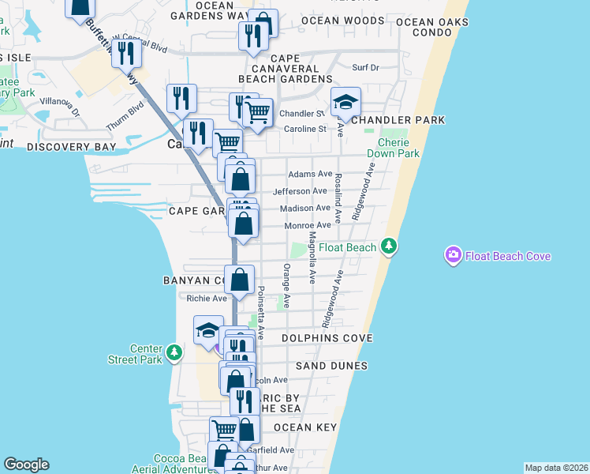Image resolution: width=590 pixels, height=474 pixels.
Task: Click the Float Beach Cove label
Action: (x=507, y=256)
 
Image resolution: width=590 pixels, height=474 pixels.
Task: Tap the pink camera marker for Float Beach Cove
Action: (x=454, y=255)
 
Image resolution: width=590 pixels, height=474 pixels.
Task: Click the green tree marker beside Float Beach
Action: (x=388, y=247)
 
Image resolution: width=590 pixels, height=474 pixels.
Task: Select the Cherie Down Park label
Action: (x=398, y=148)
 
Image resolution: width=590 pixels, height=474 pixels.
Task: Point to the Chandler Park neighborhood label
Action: (x=398, y=120)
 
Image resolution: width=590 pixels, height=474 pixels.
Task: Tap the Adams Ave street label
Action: (x=310, y=174)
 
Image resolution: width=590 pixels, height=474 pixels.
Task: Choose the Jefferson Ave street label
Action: (x=300, y=191)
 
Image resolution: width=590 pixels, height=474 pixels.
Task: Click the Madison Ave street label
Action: (x=305, y=209)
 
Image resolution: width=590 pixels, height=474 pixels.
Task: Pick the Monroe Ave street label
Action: (x=307, y=225)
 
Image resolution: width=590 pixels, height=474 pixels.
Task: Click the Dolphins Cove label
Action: (x=316, y=338)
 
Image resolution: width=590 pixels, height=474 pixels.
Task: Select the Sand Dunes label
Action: (x=331, y=367)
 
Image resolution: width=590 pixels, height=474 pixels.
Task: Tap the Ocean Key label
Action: (x=305, y=427)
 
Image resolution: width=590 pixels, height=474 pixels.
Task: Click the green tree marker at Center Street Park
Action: (x=177, y=352)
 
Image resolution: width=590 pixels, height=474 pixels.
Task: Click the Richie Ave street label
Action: (x=206, y=299)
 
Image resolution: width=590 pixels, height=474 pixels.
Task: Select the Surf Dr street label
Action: (x=366, y=68)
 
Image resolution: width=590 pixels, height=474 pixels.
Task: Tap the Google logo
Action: (x=26, y=465)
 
